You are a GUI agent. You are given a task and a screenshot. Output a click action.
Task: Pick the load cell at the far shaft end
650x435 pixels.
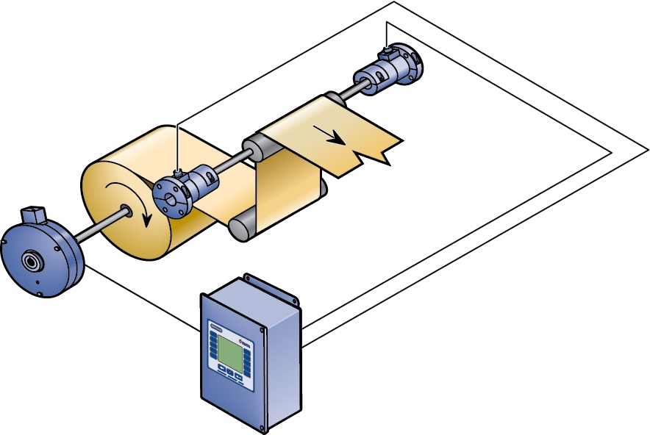390,72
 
